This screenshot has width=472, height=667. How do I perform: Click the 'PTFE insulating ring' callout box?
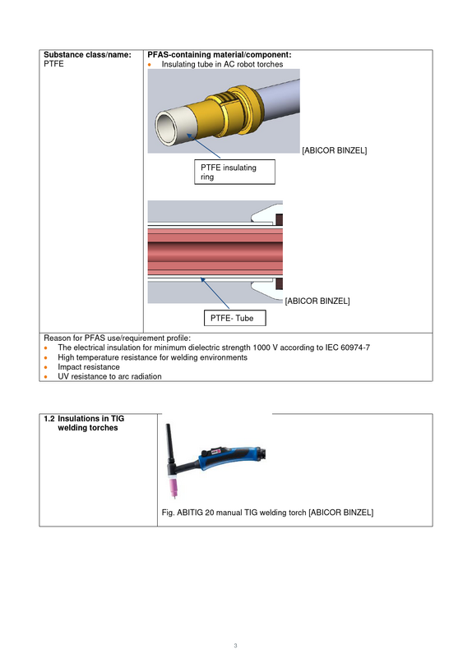click(x=234, y=172)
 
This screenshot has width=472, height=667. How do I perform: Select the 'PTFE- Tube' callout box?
click(x=234, y=318)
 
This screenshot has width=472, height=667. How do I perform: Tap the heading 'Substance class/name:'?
click(x=87, y=54)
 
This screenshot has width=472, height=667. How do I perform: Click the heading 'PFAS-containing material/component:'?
click(x=220, y=54)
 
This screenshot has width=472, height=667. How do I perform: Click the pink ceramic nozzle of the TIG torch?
click(x=174, y=485)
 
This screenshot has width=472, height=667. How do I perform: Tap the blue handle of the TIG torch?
click(x=230, y=458)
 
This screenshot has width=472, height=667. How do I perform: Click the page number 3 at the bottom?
click(x=235, y=646)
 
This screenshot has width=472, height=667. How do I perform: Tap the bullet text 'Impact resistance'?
click(x=89, y=366)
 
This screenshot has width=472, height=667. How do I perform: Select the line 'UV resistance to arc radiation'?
click(x=109, y=376)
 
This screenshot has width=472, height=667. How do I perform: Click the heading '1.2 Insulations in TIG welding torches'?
click(x=84, y=423)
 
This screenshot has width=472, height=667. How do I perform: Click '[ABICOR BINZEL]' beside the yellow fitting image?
click(x=335, y=150)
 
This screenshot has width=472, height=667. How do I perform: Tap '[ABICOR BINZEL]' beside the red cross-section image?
click(x=317, y=301)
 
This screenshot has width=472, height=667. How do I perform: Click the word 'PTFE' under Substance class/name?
click(x=53, y=64)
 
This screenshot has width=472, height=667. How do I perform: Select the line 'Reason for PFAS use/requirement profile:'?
click(x=117, y=338)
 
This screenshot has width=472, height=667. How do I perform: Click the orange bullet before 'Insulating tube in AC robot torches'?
click(x=150, y=65)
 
